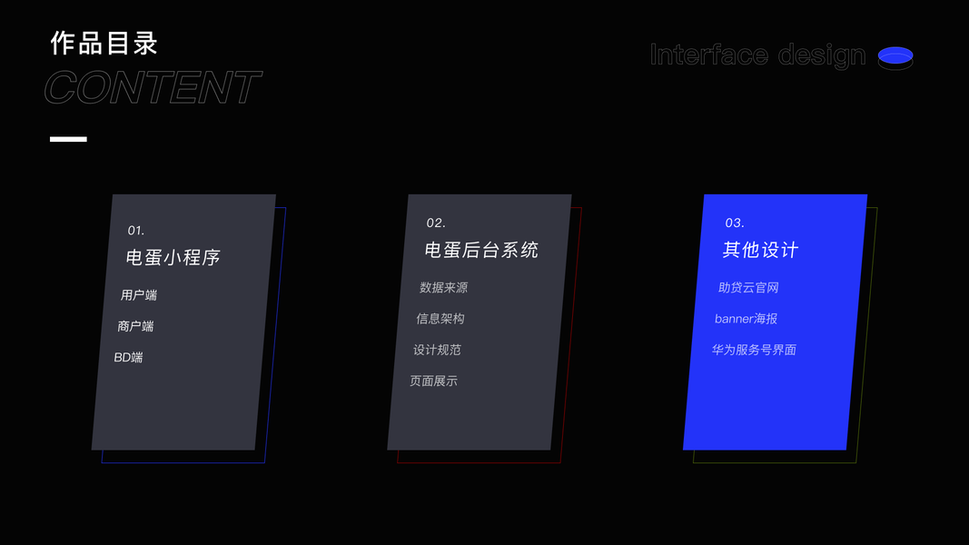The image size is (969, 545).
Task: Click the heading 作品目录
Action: (104, 43)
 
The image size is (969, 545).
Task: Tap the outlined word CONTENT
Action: (153, 88)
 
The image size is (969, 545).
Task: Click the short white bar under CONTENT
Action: (68, 139)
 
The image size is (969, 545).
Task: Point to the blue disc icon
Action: (895, 57)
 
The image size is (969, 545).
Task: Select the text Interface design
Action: (757, 55)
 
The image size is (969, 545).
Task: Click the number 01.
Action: (136, 231)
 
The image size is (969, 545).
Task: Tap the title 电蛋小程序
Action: (173, 257)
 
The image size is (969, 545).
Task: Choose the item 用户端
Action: (139, 295)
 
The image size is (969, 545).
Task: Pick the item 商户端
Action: (135, 326)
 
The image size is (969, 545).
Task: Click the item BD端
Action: (128, 357)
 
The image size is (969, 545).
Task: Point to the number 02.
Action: (436, 223)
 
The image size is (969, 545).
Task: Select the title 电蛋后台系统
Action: (481, 250)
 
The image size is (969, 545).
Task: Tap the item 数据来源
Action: (443, 288)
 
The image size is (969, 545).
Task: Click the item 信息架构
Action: (440, 319)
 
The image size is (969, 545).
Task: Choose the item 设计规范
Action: (437, 350)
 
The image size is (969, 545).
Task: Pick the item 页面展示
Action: (433, 381)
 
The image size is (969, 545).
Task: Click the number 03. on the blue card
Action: (735, 223)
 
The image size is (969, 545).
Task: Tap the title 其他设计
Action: (760, 250)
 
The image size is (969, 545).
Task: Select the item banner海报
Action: (746, 319)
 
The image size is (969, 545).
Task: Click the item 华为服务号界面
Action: (754, 350)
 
